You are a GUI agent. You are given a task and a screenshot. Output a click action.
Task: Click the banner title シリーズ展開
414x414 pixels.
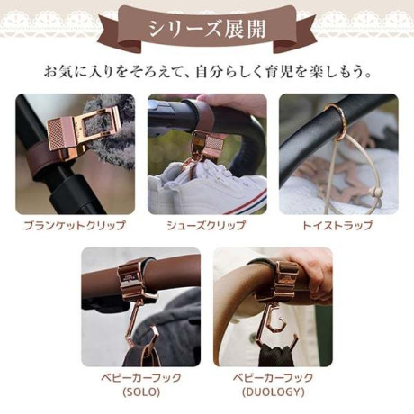[x=207, y=29]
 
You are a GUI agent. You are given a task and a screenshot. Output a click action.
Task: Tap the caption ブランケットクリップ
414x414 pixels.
[x=75, y=226]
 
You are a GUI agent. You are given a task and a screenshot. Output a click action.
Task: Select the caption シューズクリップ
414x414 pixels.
[x=206, y=226]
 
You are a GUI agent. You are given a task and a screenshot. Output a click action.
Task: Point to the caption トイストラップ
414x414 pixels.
[x=338, y=226]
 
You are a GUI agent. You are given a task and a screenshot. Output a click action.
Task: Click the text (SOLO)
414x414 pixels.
[x=141, y=392]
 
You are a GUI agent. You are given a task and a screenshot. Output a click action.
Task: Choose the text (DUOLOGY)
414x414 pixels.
[x=273, y=392]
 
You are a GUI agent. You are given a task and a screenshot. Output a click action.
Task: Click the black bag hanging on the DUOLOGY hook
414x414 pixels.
[x=275, y=354]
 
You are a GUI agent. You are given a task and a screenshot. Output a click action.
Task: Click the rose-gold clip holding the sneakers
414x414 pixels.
[x=201, y=150]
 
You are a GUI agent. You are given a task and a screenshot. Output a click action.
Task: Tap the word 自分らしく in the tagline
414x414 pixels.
[x=227, y=73]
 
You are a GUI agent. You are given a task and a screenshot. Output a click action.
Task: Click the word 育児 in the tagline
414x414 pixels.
[x=277, y=73]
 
